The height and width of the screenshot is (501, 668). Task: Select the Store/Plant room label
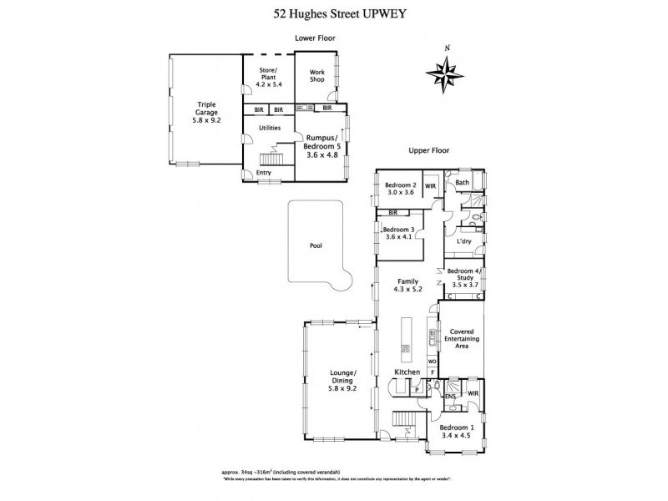pyautogui.click(x=268, y=76)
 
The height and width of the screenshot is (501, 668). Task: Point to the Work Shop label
pyautogui.click(x=317, y=76)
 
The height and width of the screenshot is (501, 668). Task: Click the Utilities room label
pyautogui.click(x=269, y=128)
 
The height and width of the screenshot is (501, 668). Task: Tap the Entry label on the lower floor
pyautogui.click(x=264, y=173)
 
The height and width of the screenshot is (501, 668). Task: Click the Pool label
pyautogui.click(x=315, y=246)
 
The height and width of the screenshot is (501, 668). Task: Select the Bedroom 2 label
pyautogui.click(x=400, y=189)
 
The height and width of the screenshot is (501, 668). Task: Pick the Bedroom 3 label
pyautogui.click(x=397, y=235)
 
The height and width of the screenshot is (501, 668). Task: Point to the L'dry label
pyautogui.click(x=464, y=241)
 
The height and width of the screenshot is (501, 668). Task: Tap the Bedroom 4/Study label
pyautogui.click(x=464, y=276)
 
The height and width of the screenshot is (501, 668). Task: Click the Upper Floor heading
pyautogui.click(x=429, y=150)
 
